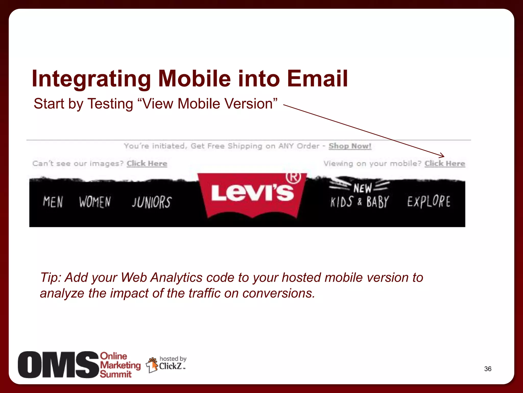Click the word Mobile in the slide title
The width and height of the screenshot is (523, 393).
194,79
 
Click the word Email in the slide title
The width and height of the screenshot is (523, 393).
317,79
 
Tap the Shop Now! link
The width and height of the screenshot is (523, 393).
350,146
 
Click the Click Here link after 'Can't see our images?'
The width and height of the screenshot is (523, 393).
147,163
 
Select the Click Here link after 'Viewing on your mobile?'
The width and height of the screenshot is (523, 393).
445,163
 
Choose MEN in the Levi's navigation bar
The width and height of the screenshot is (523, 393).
53,202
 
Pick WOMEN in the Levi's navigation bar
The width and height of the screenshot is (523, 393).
95,202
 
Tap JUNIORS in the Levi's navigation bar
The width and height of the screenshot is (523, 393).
152,202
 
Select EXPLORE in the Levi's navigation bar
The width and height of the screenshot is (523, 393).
429,201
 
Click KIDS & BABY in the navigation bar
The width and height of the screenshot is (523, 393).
360,202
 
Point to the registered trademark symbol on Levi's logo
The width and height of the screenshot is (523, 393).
293,178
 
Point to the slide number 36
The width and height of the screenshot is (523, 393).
488,369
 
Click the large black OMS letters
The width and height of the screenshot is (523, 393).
58,365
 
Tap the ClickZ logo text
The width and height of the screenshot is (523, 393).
171,366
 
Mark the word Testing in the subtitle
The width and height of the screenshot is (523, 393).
110,104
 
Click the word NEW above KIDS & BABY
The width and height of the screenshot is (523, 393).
363,188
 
